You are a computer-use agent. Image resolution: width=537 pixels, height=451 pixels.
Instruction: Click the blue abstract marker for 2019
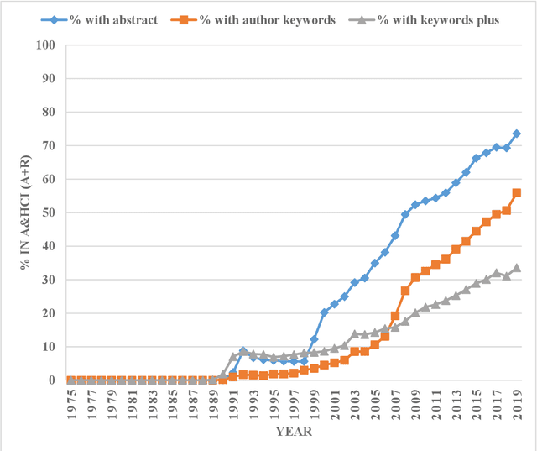tap(517, 134)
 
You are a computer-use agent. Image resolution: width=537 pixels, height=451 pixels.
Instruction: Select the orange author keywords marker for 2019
tap(517, 192)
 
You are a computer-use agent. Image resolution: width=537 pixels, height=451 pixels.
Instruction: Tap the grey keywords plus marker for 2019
tap(517, 268)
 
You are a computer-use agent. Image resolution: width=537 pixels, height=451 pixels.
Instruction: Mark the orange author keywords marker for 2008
tap(405, 291)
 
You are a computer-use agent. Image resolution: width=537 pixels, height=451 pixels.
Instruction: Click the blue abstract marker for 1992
tap(243, 351)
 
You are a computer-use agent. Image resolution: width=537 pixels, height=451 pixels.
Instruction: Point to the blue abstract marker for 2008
tap(405, 214)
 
